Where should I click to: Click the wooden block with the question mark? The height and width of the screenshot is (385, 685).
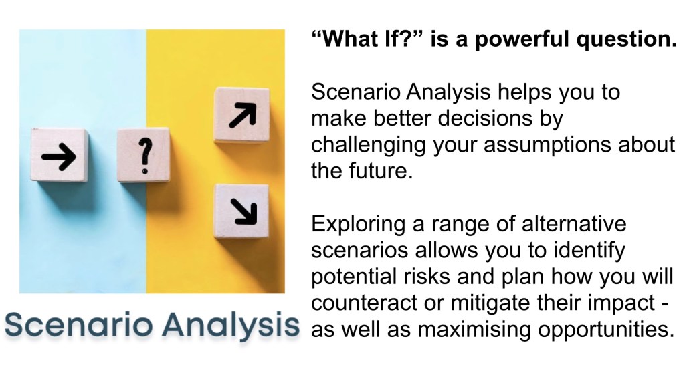pos(143,154)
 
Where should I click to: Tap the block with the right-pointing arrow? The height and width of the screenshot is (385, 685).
pos(60,154)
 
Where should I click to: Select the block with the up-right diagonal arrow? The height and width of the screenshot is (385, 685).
pos(241,115)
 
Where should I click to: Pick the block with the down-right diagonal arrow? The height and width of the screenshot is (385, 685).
pos(241,211)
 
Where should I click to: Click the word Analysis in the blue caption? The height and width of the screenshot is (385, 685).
pos(231,326)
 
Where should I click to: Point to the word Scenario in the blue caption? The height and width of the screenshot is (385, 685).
pos(79,325)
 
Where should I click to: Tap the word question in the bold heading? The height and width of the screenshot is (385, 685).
pos(626,40)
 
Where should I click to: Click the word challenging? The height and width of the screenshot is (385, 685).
pos(369,145)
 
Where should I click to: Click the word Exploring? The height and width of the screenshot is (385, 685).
pos(359,225)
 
